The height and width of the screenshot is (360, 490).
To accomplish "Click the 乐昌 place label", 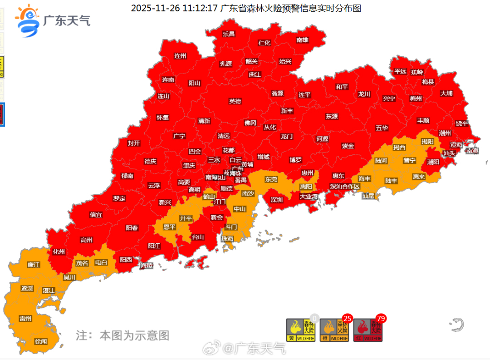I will pos(229,34).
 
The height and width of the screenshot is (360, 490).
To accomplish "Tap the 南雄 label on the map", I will pos(302,40).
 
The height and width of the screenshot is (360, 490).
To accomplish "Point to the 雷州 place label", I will pos(26,318).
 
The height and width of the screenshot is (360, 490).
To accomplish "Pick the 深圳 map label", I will pos(277,200).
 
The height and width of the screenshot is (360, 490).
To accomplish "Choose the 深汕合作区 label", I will pos(345,187).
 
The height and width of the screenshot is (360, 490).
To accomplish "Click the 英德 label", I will pos(235,101).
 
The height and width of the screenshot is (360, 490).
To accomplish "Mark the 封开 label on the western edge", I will pos(134,143).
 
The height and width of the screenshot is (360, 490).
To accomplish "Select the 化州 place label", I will pos(59,252).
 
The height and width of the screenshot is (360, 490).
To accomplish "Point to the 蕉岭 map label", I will pos(417,72).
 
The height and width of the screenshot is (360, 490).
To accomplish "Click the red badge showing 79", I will pos(380,319).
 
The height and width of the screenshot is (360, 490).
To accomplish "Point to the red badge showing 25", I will pos(347,319).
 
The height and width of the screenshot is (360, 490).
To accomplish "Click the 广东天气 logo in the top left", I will pos(52,20).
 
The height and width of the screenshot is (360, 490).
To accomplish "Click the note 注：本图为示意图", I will pos(122,335).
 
